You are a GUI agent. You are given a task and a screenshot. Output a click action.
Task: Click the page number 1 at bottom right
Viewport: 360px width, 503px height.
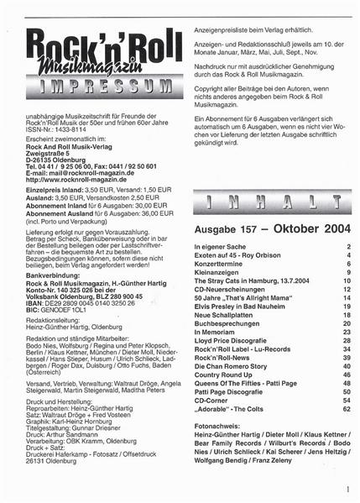tap(346, 487)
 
